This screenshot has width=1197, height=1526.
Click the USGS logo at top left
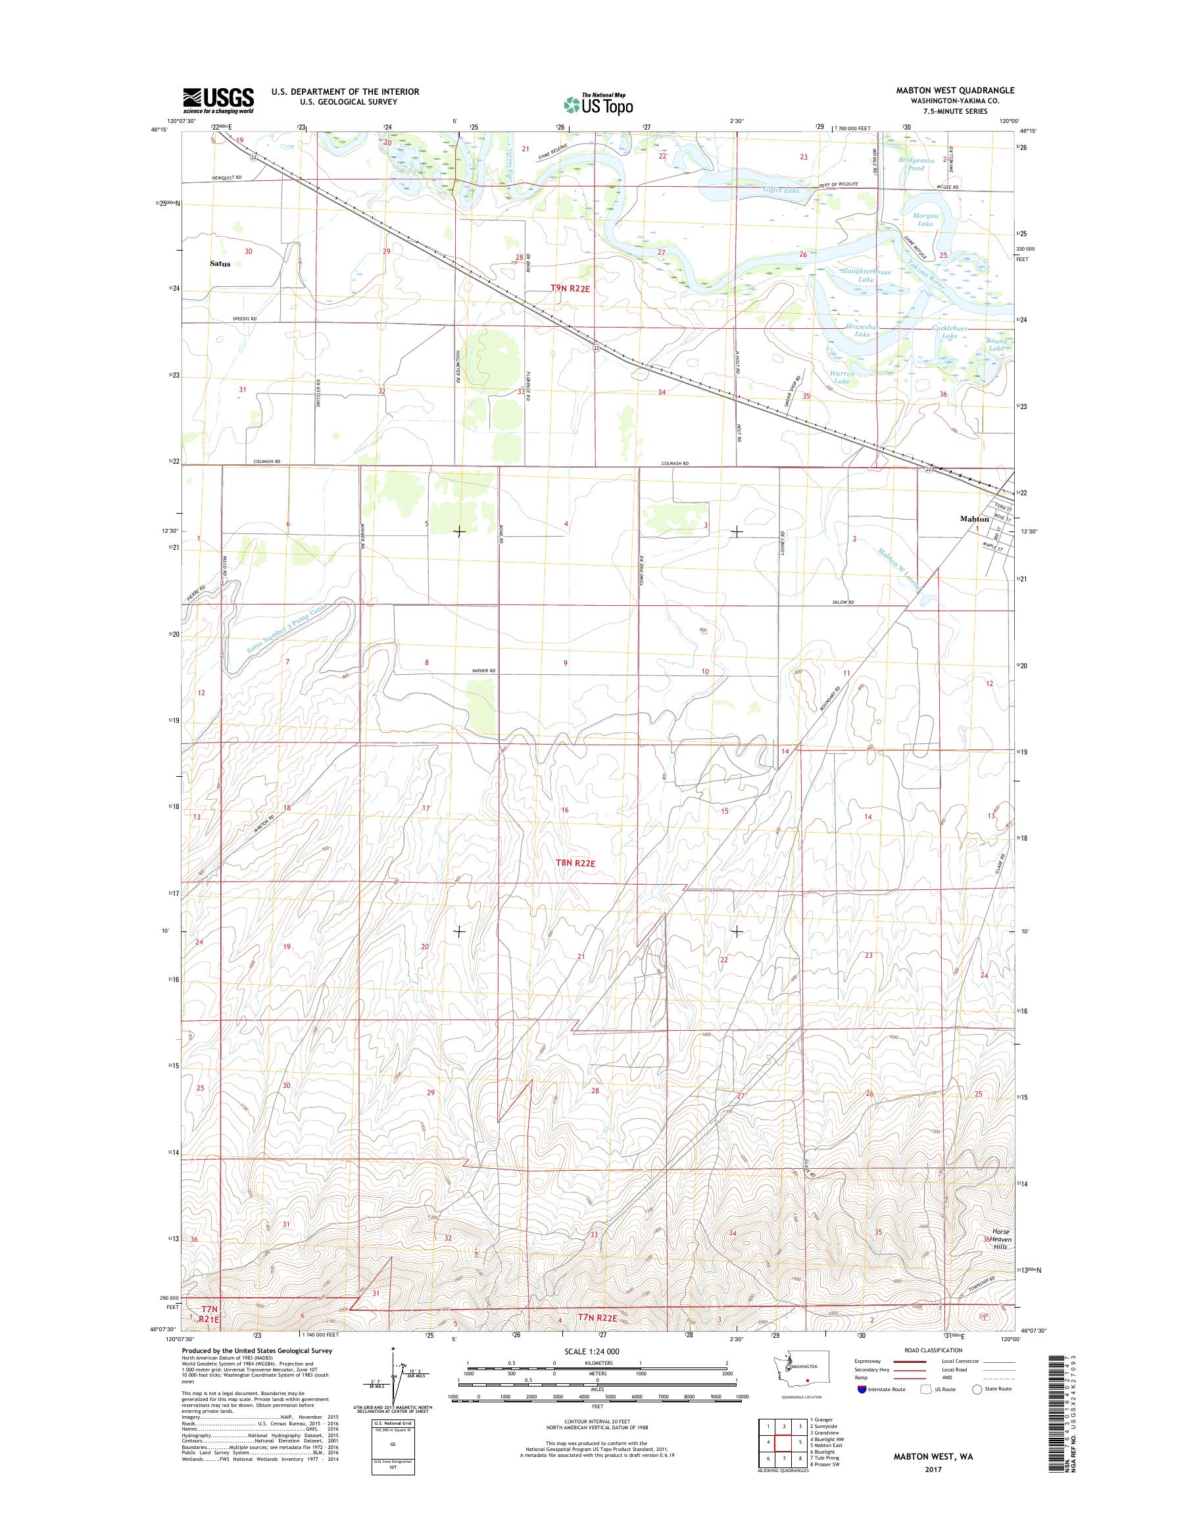(218, 100)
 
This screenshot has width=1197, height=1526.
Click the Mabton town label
(974, 520)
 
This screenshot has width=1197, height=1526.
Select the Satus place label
(220, 264)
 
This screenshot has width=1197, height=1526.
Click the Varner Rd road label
(483, 672)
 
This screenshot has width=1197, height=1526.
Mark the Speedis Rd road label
(245, 319)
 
